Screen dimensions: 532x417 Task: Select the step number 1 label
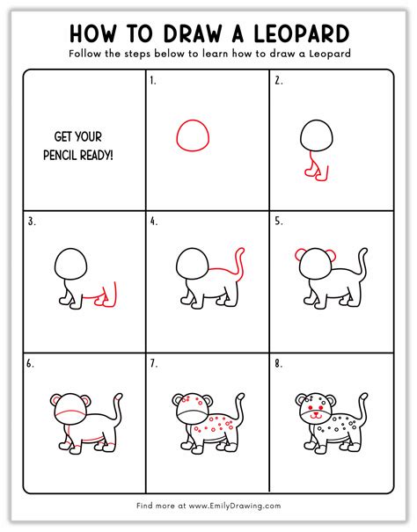[x=153, y=81]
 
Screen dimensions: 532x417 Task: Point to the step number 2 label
[x=277, y=81]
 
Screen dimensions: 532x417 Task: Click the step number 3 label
[x=32, y=222]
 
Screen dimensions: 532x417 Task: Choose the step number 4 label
[x=154, y=222]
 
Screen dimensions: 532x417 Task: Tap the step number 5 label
[x=278, y=222]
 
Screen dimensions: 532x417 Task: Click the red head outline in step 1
[x=194, y=136]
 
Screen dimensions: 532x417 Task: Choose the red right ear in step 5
[x=338, y=255]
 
